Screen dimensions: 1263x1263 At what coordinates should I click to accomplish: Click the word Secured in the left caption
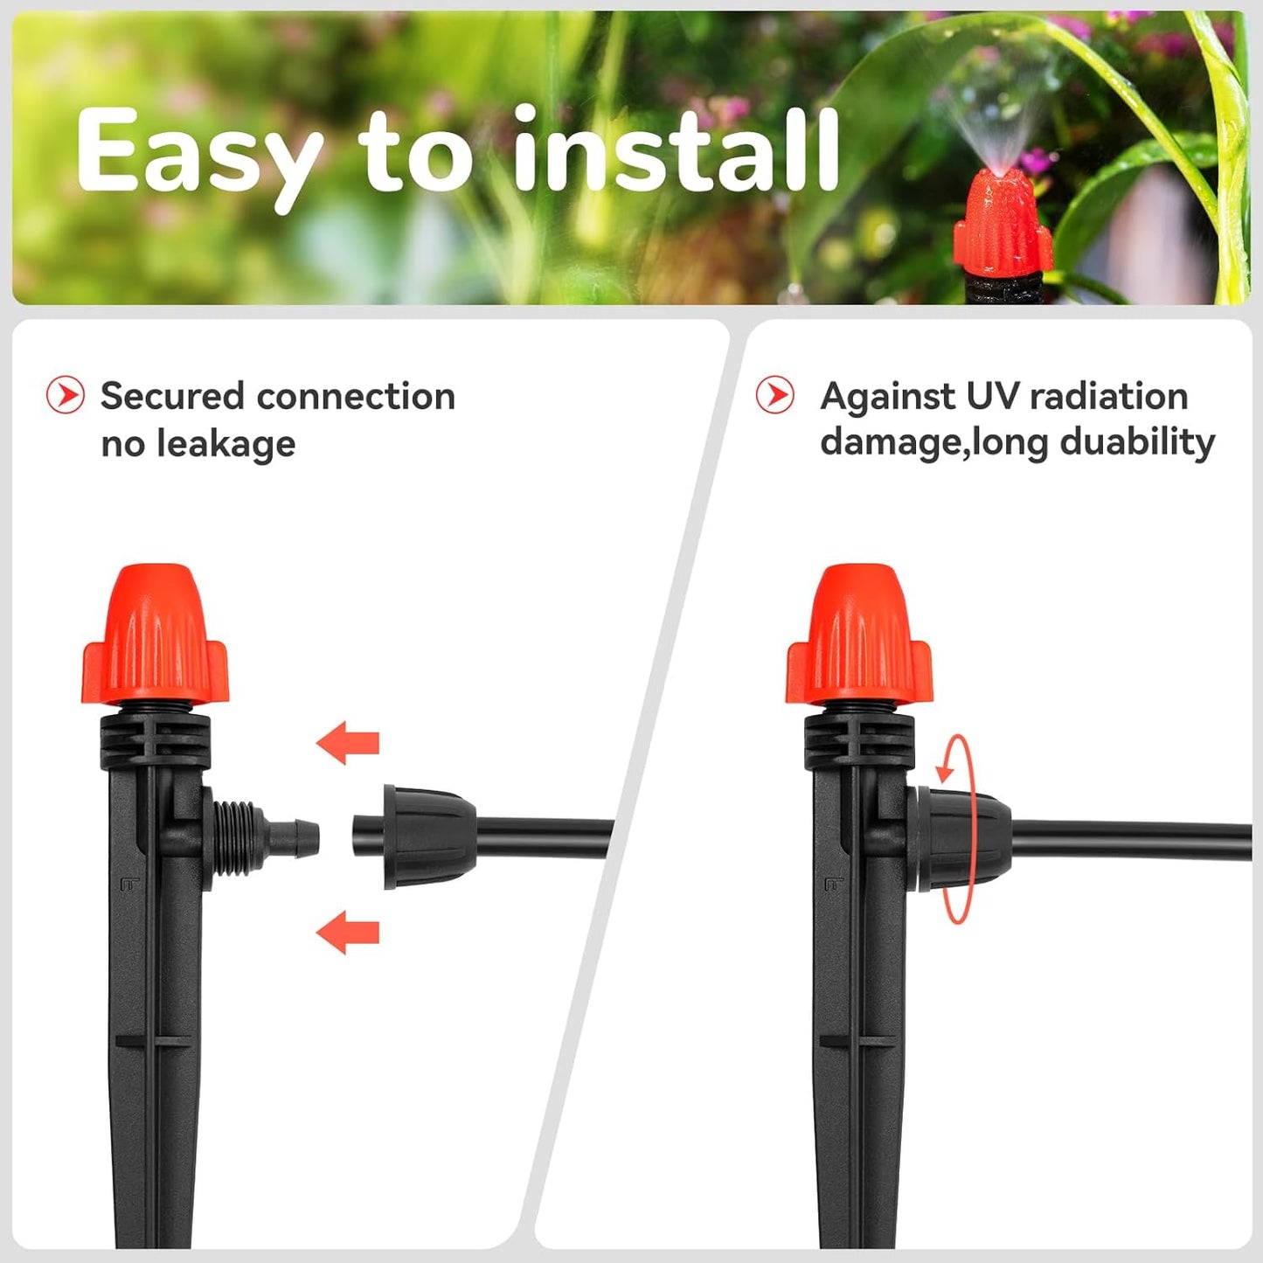tap(172, 396)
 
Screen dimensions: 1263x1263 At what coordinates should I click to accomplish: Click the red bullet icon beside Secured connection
tap(66, 395)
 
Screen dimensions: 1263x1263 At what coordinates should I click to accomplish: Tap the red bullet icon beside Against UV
tap(775, 395)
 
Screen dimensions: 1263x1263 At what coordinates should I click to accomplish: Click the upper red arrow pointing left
tap(348, 743)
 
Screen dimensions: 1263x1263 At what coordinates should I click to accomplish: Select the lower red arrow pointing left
tap(348, 932)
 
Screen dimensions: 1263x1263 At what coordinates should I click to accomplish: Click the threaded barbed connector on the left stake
tap(262, 837)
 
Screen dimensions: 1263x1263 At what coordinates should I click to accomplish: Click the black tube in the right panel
tap(1136, 841)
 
